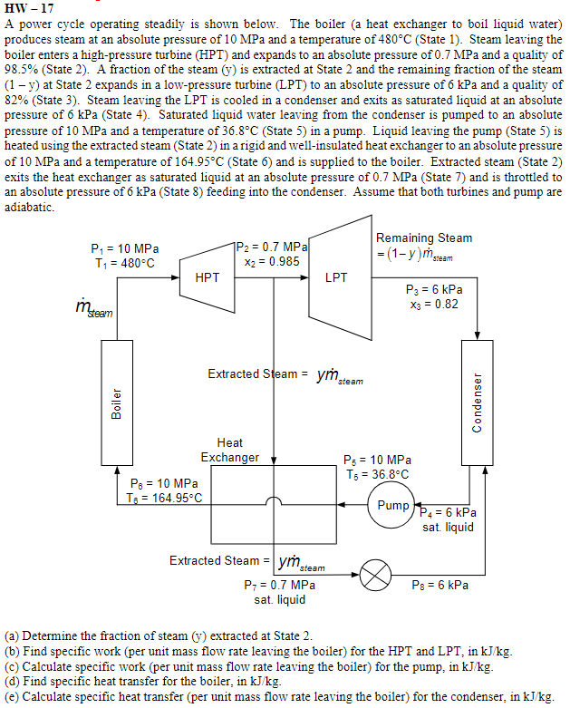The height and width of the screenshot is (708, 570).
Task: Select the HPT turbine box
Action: pos(208,277)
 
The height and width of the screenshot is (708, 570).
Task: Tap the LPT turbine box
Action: pos(336,277)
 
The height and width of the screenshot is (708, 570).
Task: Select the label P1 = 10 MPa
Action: pos(125,249)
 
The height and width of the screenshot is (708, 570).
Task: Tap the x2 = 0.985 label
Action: pos(272,261)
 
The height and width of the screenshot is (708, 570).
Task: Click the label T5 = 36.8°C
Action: pos(378,474)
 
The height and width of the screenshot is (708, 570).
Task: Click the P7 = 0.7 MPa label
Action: pos(280,585)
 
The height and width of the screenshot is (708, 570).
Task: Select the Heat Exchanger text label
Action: pos(229,450)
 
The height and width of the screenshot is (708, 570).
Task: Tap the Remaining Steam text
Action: pos(424,238)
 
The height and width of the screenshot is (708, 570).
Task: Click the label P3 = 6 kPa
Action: pos(434,289)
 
